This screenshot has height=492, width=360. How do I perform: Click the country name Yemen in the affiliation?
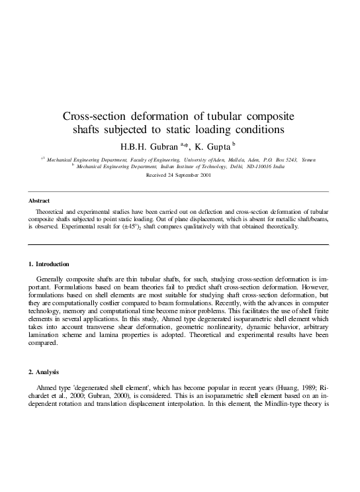(x=306, y=160)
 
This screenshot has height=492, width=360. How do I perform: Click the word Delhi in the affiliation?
(x=233, y=167)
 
